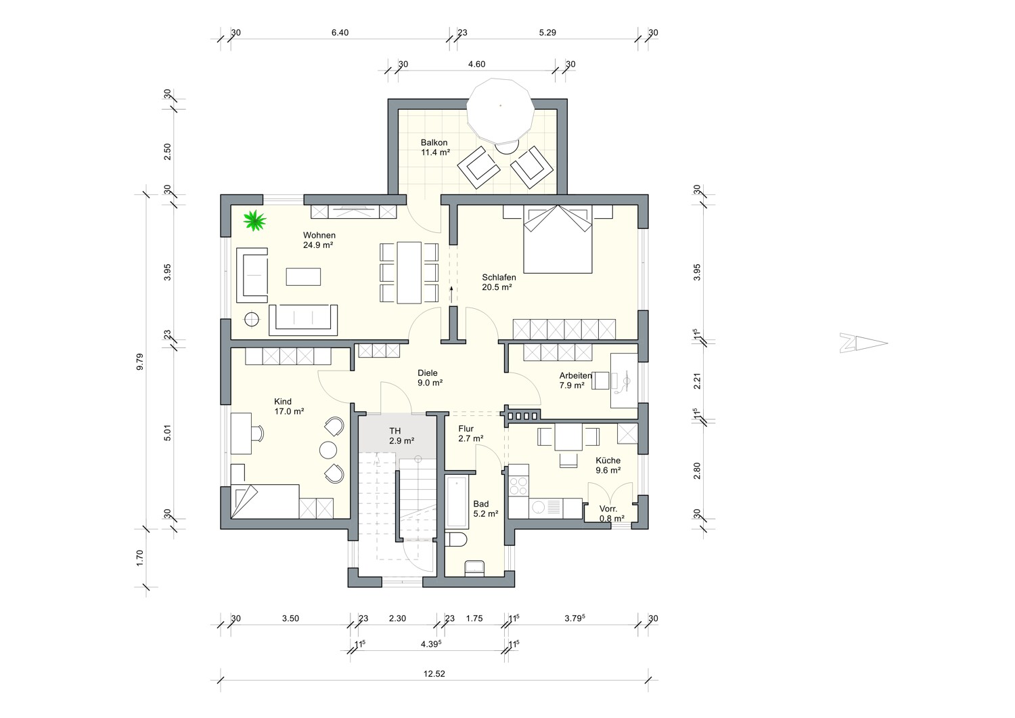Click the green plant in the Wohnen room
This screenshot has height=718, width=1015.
(x=254, y=220)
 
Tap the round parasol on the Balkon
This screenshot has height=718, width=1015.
(x=501, y=110)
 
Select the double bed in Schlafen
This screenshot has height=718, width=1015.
(x=558, y=239)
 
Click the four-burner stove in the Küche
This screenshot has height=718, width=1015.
(x=518, y=486)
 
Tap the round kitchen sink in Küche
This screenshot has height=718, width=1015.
(x=539, y=507)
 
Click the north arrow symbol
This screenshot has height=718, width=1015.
(x=863, y=343)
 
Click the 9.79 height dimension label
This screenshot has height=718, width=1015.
(x=139, y=362)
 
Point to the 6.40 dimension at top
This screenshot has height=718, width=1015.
(x=340, y=33)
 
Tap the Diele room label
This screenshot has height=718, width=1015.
(x=428, y=373)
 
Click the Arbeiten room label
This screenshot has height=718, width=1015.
(x=575, y=375)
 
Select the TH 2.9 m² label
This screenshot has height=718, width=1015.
(x=401, y=436)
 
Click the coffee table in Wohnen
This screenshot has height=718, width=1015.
(x=303, y=276)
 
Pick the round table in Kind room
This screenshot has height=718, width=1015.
(x=328, y=450)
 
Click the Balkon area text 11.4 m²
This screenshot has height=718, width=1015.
(x=436, y=152)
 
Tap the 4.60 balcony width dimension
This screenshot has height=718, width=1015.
(x=476, y=64)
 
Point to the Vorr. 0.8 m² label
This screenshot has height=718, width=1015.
(x=612, y=513)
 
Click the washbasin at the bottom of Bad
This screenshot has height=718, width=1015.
(x=474, y=568)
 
